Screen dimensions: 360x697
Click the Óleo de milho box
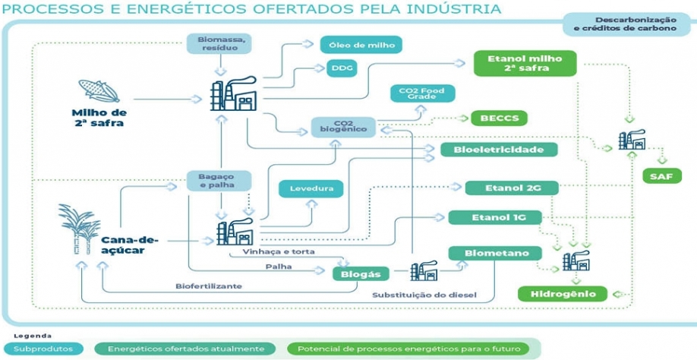point(361,45)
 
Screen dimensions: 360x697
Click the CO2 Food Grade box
point(422,94)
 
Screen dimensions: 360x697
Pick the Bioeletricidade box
point(499,150)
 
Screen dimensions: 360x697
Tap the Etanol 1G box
point(494,218)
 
